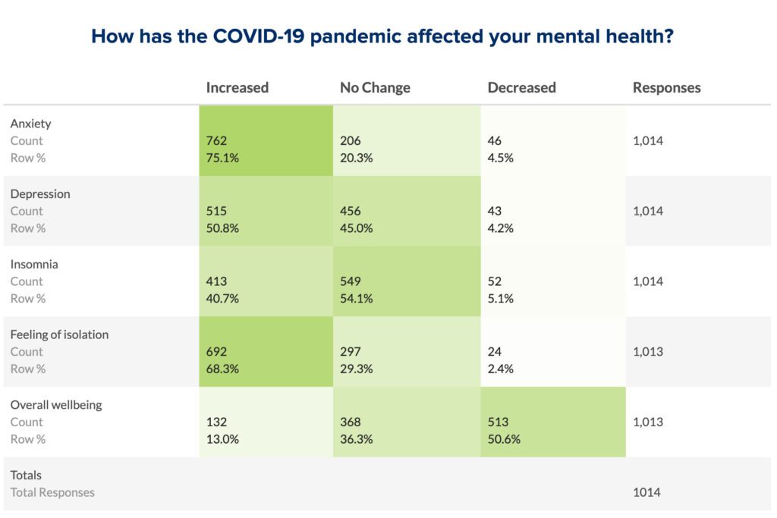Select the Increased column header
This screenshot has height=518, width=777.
(x=237, y=87)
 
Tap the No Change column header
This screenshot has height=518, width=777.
(x=375, y=87)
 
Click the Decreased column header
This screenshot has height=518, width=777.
(x=521, y=87)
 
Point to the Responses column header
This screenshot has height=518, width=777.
(x=666, y=87)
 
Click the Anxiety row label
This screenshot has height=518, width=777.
(x=30, y=124)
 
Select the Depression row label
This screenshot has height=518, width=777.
(x=39, y=193)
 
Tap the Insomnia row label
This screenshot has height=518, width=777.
(x=34, y=264)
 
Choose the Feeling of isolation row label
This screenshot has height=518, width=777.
(x=59, y=334)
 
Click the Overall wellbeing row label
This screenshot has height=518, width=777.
(x=55, y=405)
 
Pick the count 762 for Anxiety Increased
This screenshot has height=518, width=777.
(x=216, y=140)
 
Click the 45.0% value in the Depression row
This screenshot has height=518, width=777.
(x=356, y=228)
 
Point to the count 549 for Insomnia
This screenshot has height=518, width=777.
(x=350, y=281)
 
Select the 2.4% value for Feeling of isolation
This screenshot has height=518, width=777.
(x=500, y=369)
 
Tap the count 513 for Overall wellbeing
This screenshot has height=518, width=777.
(x=498, y=422)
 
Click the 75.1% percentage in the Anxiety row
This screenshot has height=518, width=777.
(x=222, y=158)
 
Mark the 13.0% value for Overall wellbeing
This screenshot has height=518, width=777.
(x=222, y=439)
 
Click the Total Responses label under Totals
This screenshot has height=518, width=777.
(x=52, y=492)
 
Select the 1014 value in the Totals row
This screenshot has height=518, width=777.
(x=646, y=492)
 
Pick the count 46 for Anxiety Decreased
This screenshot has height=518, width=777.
(x=494, y=140)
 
